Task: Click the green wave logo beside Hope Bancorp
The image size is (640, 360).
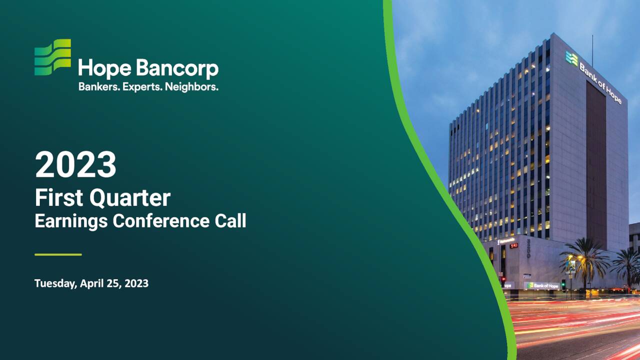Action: click(x=52, y=57)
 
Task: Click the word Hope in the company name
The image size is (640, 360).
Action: click(x=98, y=69)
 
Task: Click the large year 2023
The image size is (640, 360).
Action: click(x=75, y=165)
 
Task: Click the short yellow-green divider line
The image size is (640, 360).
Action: click(x=58, y=254)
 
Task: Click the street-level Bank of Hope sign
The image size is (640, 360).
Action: click(x=542, y=285)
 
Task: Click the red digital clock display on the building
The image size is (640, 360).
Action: click(x=514, y=245)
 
